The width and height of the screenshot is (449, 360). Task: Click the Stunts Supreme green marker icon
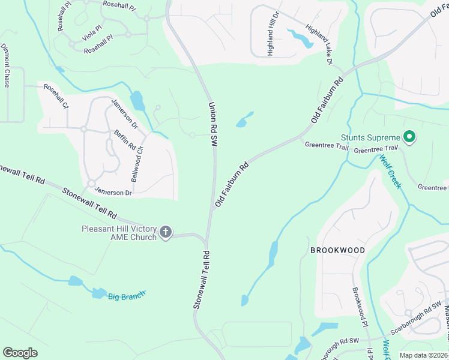click(x=410, y=138)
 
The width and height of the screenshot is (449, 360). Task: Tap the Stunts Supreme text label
click(x=370, y=138)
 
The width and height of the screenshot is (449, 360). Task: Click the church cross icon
click(x=166, y=232)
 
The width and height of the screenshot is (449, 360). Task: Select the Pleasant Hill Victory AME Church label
click(x=119, y=233)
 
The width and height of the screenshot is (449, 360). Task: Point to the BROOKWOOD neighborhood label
click(x=337, y=249)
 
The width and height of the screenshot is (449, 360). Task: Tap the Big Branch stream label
click(x=127, y=295)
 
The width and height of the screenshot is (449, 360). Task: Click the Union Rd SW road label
click(x=212, y=124)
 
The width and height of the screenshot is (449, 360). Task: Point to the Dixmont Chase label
click(x=6, y=65)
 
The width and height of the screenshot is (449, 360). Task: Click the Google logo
click(x=20, y=353)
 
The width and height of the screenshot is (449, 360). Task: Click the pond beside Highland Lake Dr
click(x=301, y=38)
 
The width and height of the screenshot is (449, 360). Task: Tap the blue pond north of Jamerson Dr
click(x=137, y=101)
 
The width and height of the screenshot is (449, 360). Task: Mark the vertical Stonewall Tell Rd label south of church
click(x=200, y=280)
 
